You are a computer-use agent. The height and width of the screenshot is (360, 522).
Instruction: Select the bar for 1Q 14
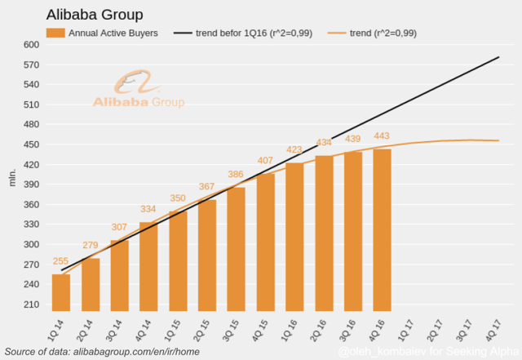click(61, 292)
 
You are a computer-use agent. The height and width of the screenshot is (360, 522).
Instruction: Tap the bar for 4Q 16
click(382, 230)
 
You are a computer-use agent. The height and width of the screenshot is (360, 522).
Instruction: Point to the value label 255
click(61, 261)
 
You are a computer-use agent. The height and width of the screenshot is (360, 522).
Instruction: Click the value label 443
click(382, 136)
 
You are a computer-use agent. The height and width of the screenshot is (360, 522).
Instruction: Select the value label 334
click(148, 209)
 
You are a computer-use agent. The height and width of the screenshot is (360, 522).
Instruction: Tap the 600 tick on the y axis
click(30, 45)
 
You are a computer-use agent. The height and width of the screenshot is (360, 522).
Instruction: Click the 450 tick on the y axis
click(30, 144)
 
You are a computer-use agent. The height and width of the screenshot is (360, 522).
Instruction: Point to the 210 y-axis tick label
click(30, 304)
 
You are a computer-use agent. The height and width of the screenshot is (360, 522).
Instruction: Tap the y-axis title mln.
click(12, 175)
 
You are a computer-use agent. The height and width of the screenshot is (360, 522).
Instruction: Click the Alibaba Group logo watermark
click(137, 91)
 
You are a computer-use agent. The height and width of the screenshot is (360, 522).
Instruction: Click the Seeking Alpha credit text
click(427, 351)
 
